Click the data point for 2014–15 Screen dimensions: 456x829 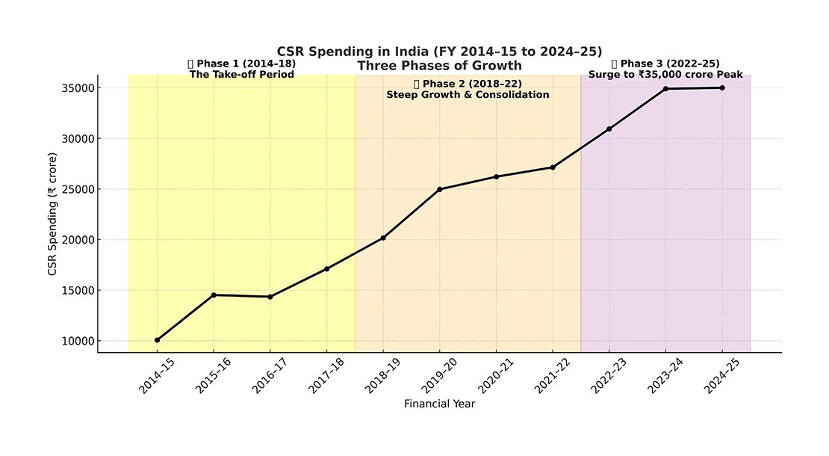pos(157,340)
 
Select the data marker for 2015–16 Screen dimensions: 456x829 pos(214,295)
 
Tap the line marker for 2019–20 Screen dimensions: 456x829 pos(440,189)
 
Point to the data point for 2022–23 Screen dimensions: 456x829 pos(609,129)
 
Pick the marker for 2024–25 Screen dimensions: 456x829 pos(722,87)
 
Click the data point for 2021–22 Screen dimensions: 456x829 pos(553,167)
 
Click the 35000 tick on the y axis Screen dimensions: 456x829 pos(77,88)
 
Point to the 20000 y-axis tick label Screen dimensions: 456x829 pos(77,240)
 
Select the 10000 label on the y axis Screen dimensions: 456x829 pos(77,341)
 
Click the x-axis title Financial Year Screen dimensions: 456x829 pos(439,404)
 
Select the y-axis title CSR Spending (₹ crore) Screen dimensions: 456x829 pos(52,213)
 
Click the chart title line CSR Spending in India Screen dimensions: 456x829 pos(439,51)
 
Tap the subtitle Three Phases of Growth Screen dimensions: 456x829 pos(439,65)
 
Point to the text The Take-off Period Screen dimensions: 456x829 pos(241,75)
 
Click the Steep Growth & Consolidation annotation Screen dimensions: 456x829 pos(468,95)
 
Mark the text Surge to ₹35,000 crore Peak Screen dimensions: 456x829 pos(665,74)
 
